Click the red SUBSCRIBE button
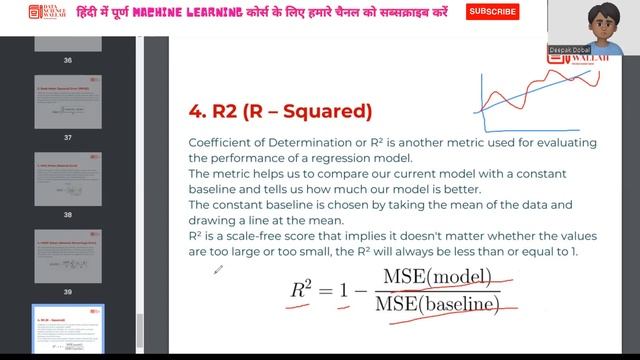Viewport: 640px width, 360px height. point(493,12)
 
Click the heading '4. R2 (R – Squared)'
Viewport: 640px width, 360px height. point(280,110)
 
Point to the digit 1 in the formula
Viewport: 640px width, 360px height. point(345,290)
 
